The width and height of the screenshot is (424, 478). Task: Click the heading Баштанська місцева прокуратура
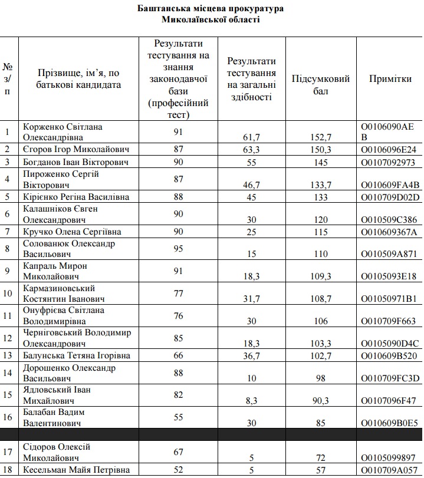pyautogui.click(x=211, y=8)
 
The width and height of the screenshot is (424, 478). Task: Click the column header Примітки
pyautogui.click(x=390, y=79)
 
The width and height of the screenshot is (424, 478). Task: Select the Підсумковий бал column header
pyautogui.click(x=321, y=84)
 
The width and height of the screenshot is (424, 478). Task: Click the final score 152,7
pyautogui.click(x=321, y=137)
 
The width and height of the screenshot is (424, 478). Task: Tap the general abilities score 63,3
pyautogui.click(x=252, y=150)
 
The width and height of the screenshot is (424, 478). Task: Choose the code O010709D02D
pyautogui.click(x=389, y=197)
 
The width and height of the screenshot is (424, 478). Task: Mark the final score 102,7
pyautogui.click(x=321, y=356)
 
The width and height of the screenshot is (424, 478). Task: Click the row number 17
pyautogui.click(x=8, y=453)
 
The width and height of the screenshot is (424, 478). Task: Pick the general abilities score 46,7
pyautogui.click(x=252, y=185)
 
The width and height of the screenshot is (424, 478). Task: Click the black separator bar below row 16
pyautogui.click(x=212, y=434)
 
